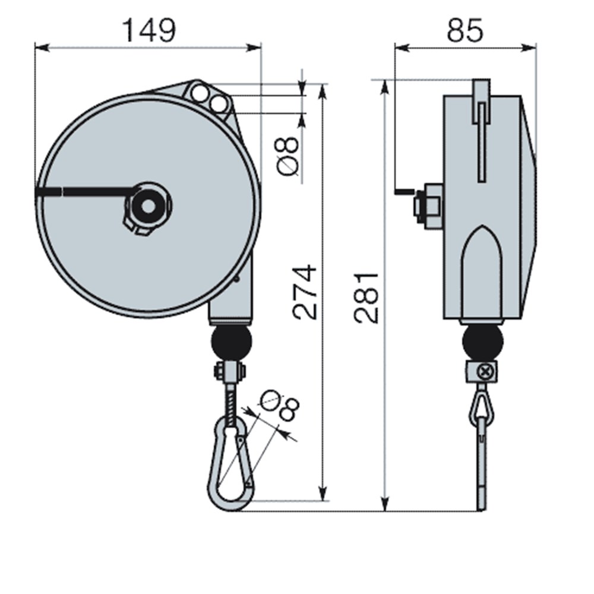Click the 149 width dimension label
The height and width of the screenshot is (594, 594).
(148, 30)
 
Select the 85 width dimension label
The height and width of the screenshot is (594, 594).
(465, 30)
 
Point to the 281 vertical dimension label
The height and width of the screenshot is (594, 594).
(366, 297)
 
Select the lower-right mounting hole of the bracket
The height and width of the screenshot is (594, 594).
(218, 105)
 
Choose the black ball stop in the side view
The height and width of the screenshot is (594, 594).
(482, 342)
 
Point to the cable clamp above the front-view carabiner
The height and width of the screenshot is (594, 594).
(229, 372)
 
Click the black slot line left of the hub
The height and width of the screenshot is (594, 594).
(83, 191)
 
